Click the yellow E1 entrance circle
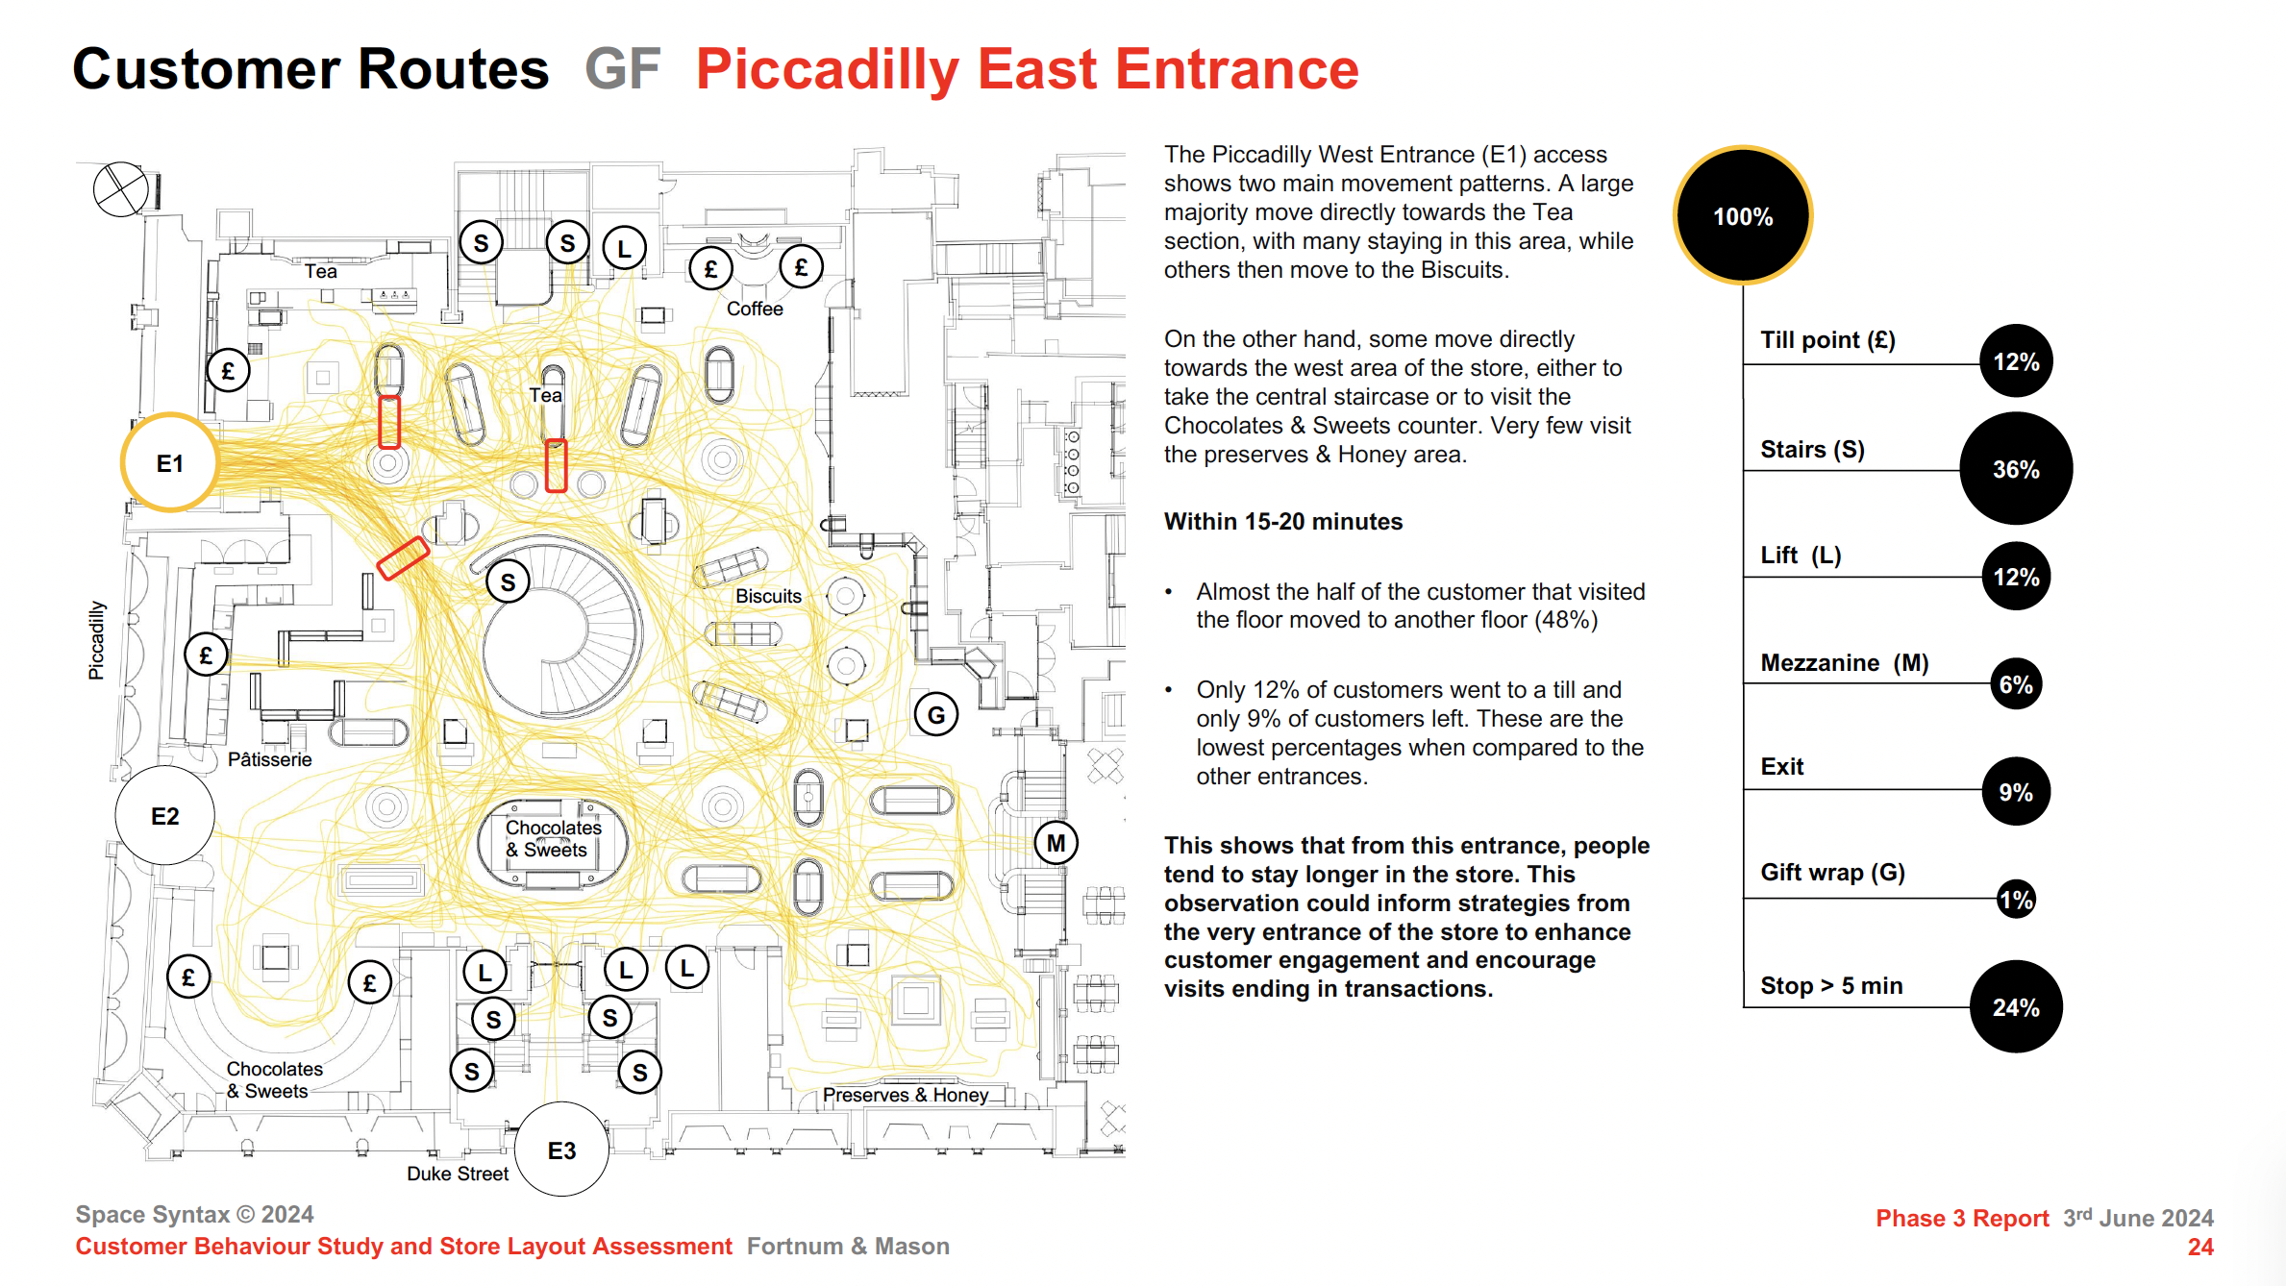click(169, 463)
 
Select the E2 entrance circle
click(164, 816)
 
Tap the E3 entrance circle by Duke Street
click(561, 1150)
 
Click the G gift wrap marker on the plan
click(935, 714)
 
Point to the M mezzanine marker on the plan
click(1056, 843)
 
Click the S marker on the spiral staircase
click(508, 581)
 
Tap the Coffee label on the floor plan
click(755, 309)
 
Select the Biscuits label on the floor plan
click(768, 596)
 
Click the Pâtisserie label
click(270, 759)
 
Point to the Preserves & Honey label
click(905, 1095)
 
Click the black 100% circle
click(1743, 216)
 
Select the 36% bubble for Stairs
click(2016, 469)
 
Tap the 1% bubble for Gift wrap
click(2016, 900)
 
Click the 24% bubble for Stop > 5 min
click(2016, 1007)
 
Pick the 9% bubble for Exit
click(2016, 792)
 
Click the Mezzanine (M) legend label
click(1844, 662)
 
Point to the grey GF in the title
click(622, 69)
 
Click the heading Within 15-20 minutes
click(1282, 521)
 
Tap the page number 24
click(2199, 1247)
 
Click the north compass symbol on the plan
click(121, 189)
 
